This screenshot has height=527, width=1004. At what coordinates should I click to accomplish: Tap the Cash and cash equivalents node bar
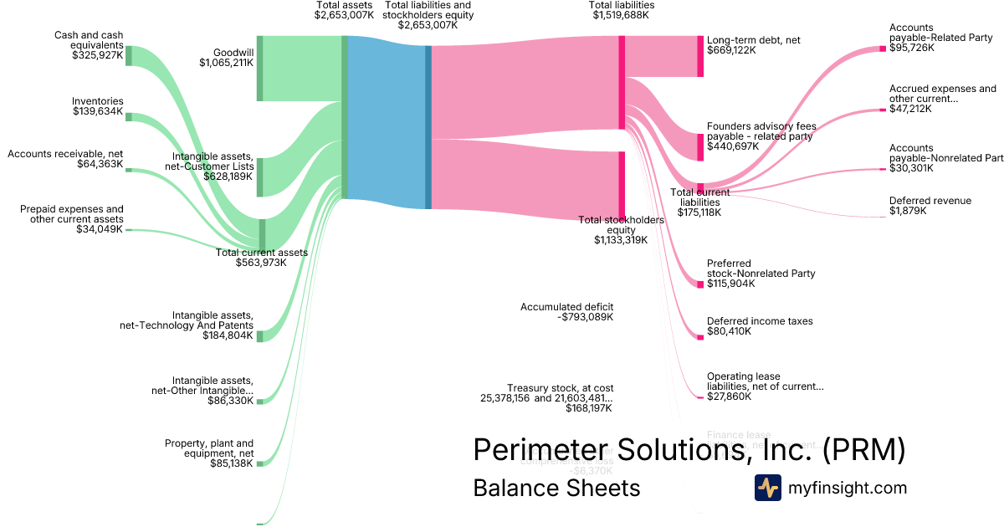point(129,56)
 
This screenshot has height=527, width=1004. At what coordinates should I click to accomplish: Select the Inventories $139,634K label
point(97,106)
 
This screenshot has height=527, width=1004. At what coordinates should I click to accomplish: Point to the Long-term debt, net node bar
point(700,56)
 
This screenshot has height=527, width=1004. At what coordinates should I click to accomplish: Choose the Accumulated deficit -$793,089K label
point(567,312)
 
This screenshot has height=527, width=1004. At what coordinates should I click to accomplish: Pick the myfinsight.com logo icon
point(767,488)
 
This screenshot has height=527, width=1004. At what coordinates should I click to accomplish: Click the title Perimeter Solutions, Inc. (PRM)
point(689,449)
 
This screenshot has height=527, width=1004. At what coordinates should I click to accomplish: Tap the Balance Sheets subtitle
point(556,488)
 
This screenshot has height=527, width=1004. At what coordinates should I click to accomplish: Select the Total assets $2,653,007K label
point(344,10)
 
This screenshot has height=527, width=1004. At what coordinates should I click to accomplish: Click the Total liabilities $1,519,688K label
point(622,10)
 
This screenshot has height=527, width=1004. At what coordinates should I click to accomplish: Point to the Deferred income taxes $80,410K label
point(760,326)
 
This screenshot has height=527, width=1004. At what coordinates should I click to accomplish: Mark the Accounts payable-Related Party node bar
point(883,49)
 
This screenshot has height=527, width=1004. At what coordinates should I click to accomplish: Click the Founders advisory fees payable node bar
point(700,146)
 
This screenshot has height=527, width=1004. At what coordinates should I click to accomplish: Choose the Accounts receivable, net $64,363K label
point(65,159)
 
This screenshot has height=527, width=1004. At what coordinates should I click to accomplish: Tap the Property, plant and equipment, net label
point(208,453)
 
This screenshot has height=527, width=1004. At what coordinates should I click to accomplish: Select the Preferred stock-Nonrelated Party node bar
point(700,284)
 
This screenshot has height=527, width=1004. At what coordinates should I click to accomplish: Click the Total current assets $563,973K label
point(261,257)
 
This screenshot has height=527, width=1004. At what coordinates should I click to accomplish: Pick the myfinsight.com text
point(848,488)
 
